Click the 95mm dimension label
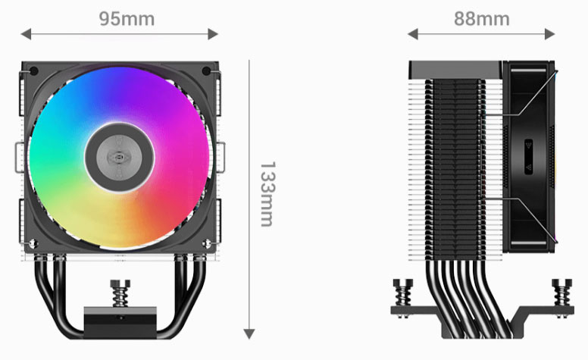(127, 18)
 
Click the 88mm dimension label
(481, 18)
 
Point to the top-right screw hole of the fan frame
(207, 72)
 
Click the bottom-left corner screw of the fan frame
(32, 244)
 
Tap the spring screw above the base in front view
(120, 292)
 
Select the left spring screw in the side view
(402, 292)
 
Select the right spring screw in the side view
(562, 292)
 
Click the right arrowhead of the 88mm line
(552, 33)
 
